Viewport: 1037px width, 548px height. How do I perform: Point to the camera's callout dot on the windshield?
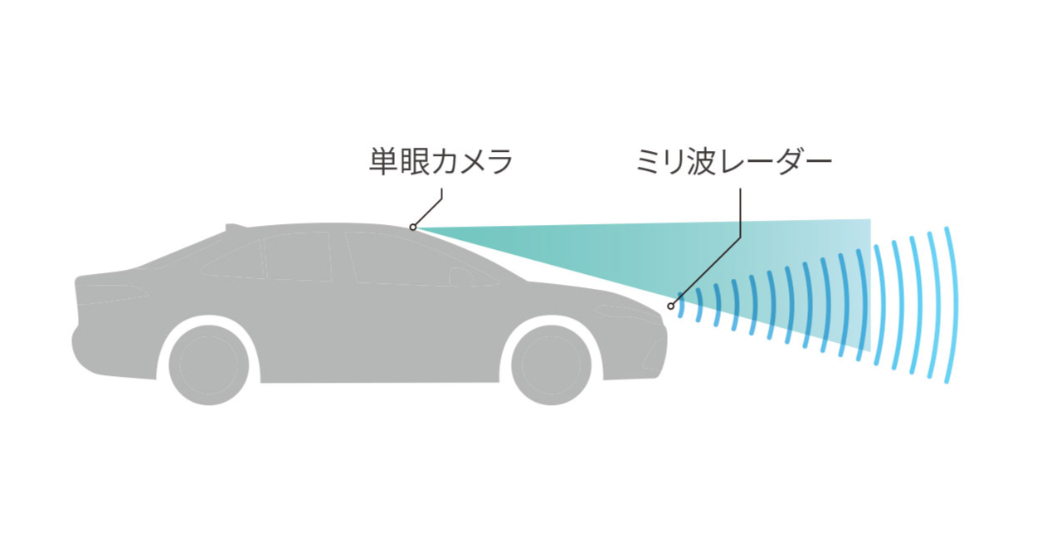(x=412, y=227)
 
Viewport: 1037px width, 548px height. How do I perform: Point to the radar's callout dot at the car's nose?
(x=670, y=306)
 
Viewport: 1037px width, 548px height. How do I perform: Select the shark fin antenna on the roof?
(x=235, y=225)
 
